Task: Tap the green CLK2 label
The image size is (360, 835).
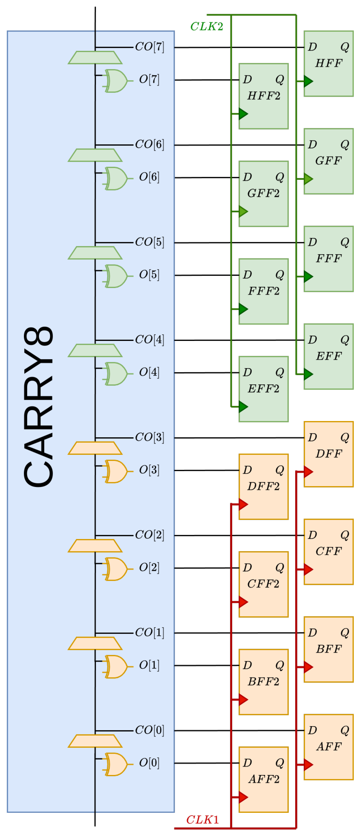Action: (x=206, y=27)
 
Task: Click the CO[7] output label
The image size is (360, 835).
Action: (x=149, y=47)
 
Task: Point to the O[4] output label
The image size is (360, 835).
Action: (x=149, y=372)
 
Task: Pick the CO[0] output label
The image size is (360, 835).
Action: (x=149, y=730)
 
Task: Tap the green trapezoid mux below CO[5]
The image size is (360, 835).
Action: (x=95, y=253)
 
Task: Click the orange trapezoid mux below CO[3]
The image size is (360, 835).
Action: (x=95, y=448)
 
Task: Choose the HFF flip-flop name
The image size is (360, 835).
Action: (x=329, y=63)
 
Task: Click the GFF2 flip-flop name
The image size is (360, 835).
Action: (x=263, y=193)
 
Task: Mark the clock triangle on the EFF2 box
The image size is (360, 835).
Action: (x=243, y=407)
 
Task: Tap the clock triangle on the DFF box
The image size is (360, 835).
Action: (x=308, y=472)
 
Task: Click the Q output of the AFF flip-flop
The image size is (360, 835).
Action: (x=344, y=730)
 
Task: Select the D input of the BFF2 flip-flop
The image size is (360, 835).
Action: (x=247, y=665)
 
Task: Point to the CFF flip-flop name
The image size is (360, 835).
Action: (x=329, y=551)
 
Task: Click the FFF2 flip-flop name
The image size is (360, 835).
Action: (x=263, y=291)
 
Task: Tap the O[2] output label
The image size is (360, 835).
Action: (x=149, y=567)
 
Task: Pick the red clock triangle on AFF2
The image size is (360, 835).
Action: (x=243, y=797)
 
